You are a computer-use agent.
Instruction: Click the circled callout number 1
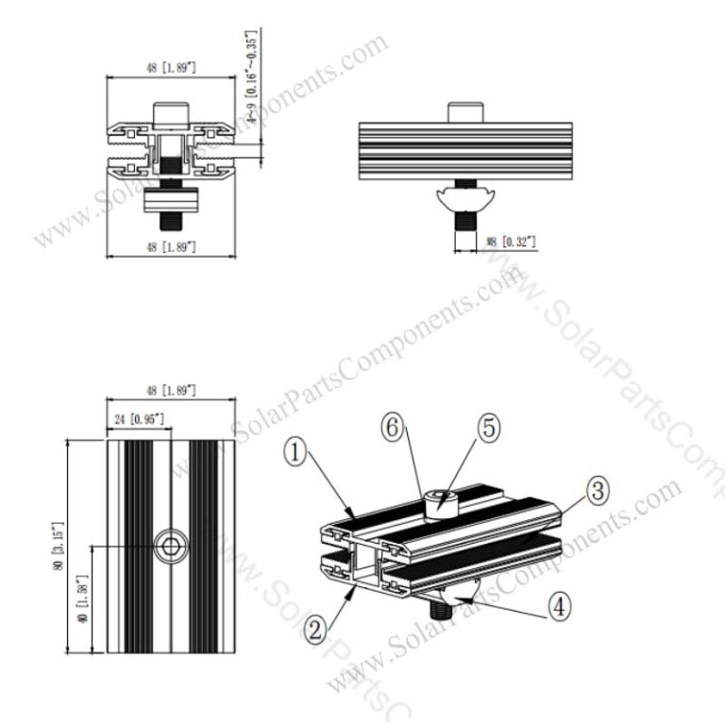pos(298,453)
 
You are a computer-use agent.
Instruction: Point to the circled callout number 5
pos(487,427)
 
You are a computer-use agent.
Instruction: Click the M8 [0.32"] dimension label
pos(511,243)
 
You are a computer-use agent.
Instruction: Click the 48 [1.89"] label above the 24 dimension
pos(170,390)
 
